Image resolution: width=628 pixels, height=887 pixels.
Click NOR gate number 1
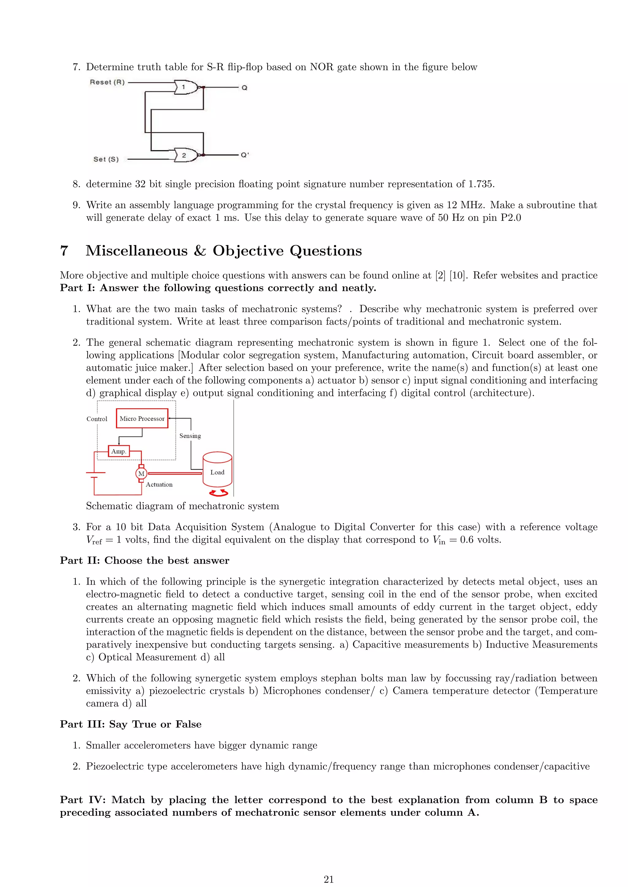185,87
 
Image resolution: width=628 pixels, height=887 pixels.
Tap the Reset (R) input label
107,82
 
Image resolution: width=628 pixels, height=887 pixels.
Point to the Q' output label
245,155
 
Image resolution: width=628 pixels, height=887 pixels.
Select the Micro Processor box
142,418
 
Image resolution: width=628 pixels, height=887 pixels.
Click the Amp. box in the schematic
119,451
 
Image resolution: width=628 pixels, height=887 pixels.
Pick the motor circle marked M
141,474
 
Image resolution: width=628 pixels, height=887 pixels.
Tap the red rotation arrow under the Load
219,493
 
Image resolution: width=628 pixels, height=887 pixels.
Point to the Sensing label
190,436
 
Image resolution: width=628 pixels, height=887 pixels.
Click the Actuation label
159,485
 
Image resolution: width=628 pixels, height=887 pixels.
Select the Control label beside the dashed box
97,419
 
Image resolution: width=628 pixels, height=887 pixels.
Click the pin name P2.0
511,217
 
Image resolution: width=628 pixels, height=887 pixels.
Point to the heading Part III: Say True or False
131,724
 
